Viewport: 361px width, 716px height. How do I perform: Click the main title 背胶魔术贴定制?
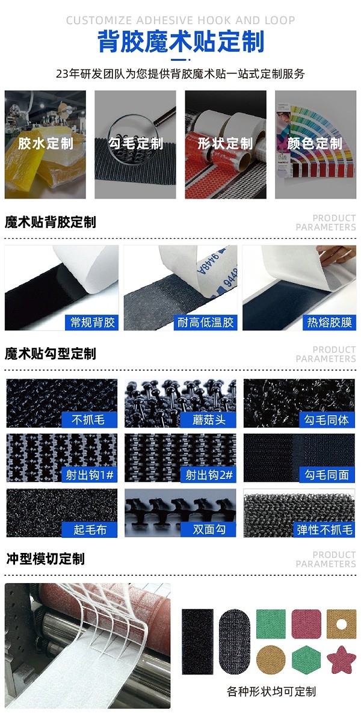[x=180, y=43]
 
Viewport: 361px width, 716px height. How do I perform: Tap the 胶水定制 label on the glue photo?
[x=45, y=143]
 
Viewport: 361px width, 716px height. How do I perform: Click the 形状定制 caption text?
[x=225, y=143]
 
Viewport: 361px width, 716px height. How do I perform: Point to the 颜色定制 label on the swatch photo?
[x=315, y=143]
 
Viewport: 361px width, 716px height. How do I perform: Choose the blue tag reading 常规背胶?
[x=92, y=323]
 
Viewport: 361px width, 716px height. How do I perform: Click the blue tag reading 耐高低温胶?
[x=206, y=323]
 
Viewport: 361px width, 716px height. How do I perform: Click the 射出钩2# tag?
[x=209, y=475]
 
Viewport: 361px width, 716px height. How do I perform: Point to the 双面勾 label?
[x=209, y=529]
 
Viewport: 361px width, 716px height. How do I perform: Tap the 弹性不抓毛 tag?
[x=324, y=529]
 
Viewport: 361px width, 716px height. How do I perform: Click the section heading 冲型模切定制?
[x=45, y=558]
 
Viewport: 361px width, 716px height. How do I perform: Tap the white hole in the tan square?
[x=341, y=624]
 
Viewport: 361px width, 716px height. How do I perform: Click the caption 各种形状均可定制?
[x=271, y=691]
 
